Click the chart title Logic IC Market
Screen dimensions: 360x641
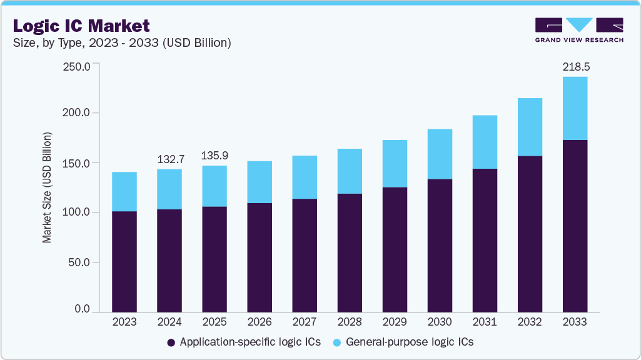tap(81, 26)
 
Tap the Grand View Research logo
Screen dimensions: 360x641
tap(578, 30)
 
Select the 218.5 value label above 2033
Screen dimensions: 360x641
tap(575, 66)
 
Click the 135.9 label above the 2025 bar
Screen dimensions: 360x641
tap(215, 154)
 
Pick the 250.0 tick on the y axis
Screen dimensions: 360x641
tap(78, 66)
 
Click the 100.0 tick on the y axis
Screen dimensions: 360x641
tap(78, 212)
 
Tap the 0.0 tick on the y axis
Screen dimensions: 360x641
tap(83, 309)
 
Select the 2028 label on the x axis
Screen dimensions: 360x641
tap(350, 322)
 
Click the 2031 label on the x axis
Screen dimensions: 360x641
tap(485, 322)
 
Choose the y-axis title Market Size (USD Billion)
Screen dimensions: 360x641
tap(47, 187)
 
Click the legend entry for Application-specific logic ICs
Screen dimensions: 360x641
tap(244, 342)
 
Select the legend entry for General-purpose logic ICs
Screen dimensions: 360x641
tap(403, 342)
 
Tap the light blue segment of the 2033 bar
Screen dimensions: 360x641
tap(575, 108)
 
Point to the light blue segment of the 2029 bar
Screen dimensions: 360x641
tap(395, 164)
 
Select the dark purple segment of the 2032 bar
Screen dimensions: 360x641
tap(530, 234)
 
